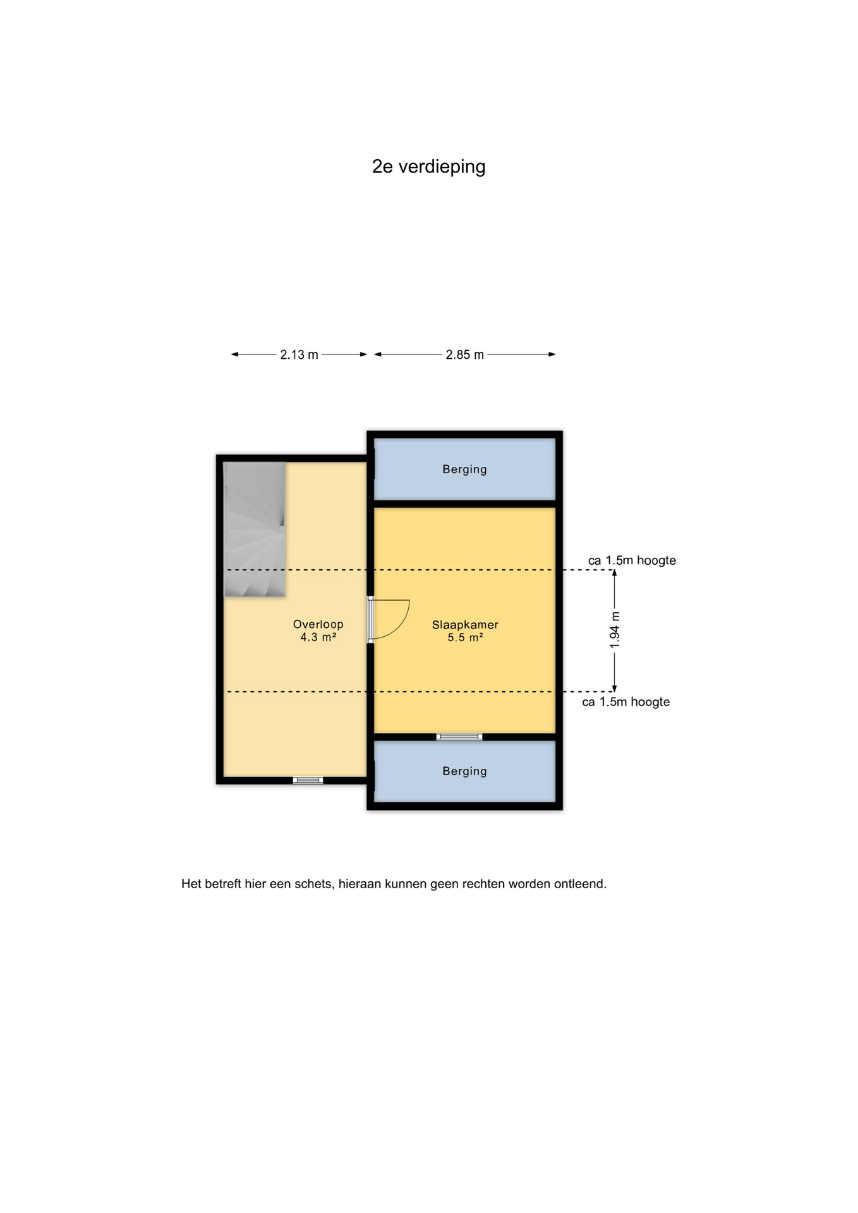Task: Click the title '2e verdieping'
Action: pos(428,167)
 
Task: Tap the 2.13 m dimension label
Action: pos(299,354)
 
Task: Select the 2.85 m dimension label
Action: pos(464,354)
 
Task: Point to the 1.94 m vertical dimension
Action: pos(615,630)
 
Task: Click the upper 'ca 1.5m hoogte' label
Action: pos(632,560)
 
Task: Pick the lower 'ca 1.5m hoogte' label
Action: pos(625,702)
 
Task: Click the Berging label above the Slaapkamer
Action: pos(464,469)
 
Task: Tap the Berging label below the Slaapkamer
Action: pos(464,771)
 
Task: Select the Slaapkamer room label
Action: pos(465,625)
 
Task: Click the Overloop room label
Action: pos(318,624)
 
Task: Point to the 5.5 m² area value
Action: pos(465,637)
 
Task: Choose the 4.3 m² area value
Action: pos(318,637)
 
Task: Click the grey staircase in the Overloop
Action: pos(255,529)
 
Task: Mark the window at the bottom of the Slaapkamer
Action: pos(459,737)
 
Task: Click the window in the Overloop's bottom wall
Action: pos(308,781)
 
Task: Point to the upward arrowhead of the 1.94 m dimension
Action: pos(615,574)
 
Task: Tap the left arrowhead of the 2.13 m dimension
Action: pos(235,354)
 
